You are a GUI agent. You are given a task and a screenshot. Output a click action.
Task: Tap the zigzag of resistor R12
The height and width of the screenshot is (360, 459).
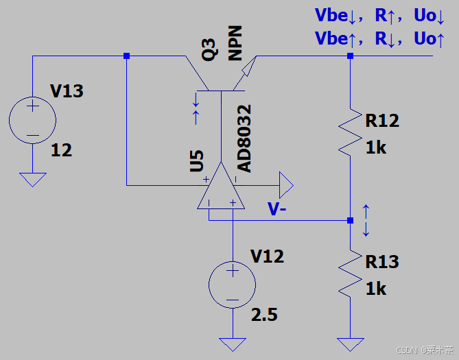click(350, 132)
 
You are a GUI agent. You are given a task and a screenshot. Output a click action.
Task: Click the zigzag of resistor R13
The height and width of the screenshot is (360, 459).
click(350, 274)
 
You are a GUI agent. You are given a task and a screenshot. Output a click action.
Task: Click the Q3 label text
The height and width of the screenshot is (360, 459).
click(210, 50)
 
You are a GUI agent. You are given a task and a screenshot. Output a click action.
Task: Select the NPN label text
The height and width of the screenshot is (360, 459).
click(235, 43)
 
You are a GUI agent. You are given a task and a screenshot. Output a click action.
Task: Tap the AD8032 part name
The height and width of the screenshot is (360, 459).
click(244, 139)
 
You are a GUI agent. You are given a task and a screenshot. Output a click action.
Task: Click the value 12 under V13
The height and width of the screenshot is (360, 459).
click(61, 150)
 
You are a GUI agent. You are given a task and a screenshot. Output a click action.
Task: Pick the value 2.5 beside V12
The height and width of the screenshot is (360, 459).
click(264, 315)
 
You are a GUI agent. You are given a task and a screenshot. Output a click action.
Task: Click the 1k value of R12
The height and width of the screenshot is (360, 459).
click(376, 147)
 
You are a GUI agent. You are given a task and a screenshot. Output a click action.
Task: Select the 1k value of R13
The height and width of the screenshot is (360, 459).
click(376, 289)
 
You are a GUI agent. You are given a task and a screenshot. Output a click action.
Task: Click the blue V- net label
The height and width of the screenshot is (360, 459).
click(277, 209)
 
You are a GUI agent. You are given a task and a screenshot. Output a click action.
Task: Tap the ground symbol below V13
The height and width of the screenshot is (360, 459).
click(32, 180)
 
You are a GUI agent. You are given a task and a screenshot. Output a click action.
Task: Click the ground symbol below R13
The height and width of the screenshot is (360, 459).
click(350, 345)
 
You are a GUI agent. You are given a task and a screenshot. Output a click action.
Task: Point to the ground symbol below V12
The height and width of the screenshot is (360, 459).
click(233, 345)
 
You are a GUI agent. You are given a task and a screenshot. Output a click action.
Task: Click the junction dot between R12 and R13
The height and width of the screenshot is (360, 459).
click(350, 220)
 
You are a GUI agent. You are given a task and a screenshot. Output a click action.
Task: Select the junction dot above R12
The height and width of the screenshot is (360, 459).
click(350, 56)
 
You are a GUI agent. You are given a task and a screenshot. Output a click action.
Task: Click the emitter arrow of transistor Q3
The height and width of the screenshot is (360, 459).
click(249, 67)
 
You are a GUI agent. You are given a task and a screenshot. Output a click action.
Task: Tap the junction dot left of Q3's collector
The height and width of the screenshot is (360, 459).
click(126, 56)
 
